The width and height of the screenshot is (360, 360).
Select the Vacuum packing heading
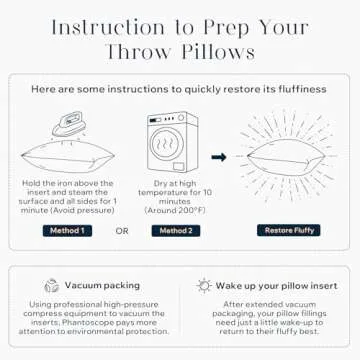(101, 285)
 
